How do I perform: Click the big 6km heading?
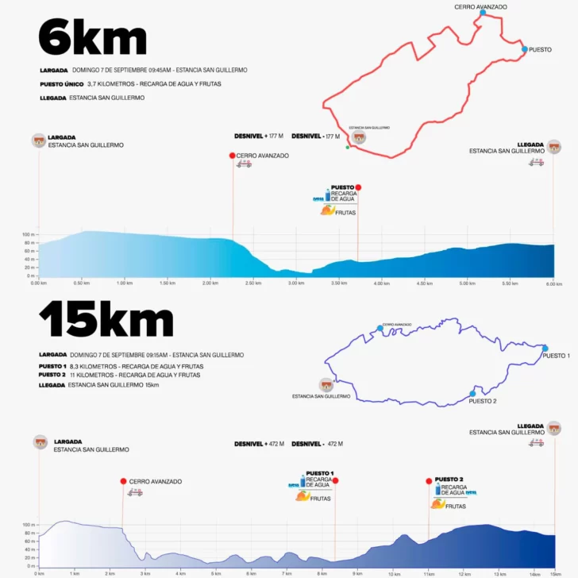(x=92, y=37)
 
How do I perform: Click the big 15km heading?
(x=106, y=320)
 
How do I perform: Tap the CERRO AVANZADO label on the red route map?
(x=480, y=6)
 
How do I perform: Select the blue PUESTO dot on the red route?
(x=525, y=49)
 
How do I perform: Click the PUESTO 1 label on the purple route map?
(x=556, y=356)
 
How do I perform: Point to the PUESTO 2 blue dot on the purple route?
(x=472, y=393)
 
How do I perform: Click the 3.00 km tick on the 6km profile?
(x=295, y=283)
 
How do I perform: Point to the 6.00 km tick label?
(x=553, y=283)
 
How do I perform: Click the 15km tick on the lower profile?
(x=554, y=573)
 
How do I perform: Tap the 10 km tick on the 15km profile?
(x=392, y=573)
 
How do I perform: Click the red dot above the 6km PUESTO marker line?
(x=358, y=187)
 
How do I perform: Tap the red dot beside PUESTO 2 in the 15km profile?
(x=429, y=480)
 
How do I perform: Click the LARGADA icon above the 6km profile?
(x=39, y=141)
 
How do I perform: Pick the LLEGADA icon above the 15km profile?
(x=554, y=429)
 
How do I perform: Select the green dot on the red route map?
(x=347, y=146)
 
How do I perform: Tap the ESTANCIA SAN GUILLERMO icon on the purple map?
(x=326, y=384)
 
